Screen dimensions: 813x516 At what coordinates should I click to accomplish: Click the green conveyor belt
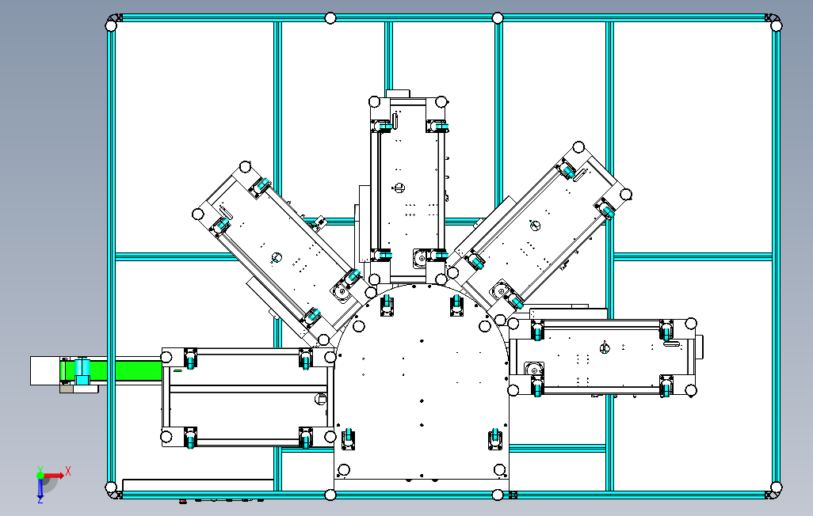pos(127,370)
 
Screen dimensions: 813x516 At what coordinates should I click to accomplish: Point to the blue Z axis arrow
pos(40,488)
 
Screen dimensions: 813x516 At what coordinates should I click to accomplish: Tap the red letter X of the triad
pos(69,471)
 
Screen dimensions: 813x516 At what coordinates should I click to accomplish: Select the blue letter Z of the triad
pos(40,500)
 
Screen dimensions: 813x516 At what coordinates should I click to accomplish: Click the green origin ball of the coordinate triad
pos(40,476)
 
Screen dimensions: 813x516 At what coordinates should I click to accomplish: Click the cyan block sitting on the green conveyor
pos(82,370)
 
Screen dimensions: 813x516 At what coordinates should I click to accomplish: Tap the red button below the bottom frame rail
pos(183,500)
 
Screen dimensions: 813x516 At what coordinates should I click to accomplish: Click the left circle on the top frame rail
pos(330,18)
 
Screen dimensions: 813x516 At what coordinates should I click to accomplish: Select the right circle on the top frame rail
pos(498,18)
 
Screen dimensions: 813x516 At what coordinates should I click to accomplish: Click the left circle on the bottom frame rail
pos(330,495)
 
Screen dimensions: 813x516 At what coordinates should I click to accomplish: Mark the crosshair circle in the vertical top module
pos(399,188)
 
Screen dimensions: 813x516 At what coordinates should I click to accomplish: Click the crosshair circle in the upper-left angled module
pos(277,256)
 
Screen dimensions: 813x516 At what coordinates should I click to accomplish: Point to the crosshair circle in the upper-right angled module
pos(534,226)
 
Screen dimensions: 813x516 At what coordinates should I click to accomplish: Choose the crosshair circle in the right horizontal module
pos(606,348)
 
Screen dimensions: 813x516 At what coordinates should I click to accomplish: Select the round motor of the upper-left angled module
pos(342,290)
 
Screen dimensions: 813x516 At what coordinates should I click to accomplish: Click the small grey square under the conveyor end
pos(65,389)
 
